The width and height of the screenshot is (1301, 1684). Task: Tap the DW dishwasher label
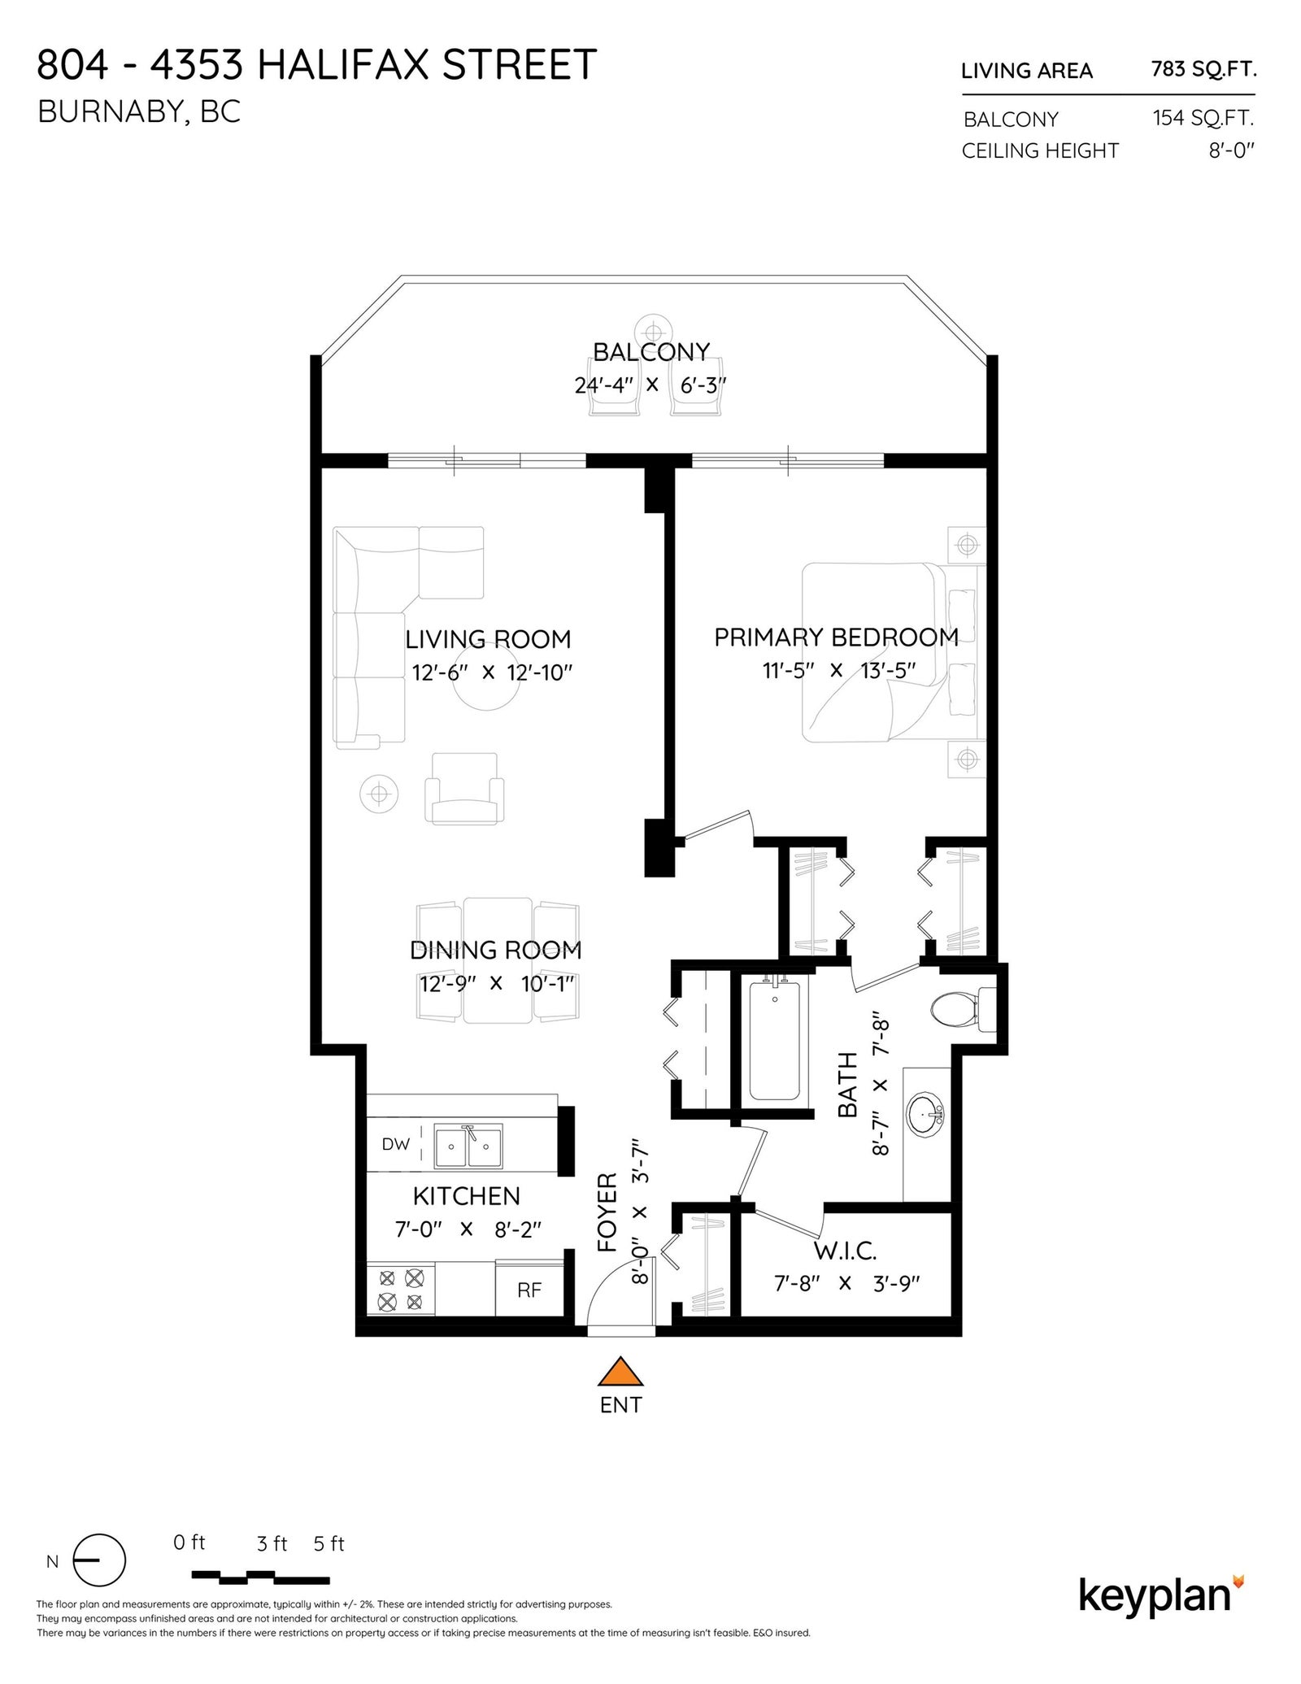(395, 1144)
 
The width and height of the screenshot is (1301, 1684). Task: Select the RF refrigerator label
(529, 1290)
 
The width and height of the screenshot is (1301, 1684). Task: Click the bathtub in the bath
(774, 1042)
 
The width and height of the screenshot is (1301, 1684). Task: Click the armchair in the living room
(464, 789)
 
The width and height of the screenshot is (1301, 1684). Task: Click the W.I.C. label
(846, 1250)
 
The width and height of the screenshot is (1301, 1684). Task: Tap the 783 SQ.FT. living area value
(1204, 69)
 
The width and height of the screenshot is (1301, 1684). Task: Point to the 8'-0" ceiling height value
(1232, 150)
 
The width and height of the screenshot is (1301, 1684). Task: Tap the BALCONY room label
(651, 351)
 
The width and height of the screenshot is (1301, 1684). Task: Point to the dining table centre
(498, 959)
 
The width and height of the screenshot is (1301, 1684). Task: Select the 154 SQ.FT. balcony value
(1203, 118)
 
